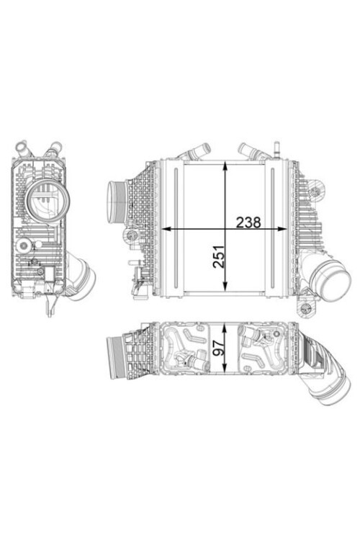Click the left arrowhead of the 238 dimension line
tap(164, 229)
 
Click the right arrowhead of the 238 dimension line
tap(280, 229)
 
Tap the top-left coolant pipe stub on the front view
tap(196, 153)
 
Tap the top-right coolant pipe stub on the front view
tap(251, 152)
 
